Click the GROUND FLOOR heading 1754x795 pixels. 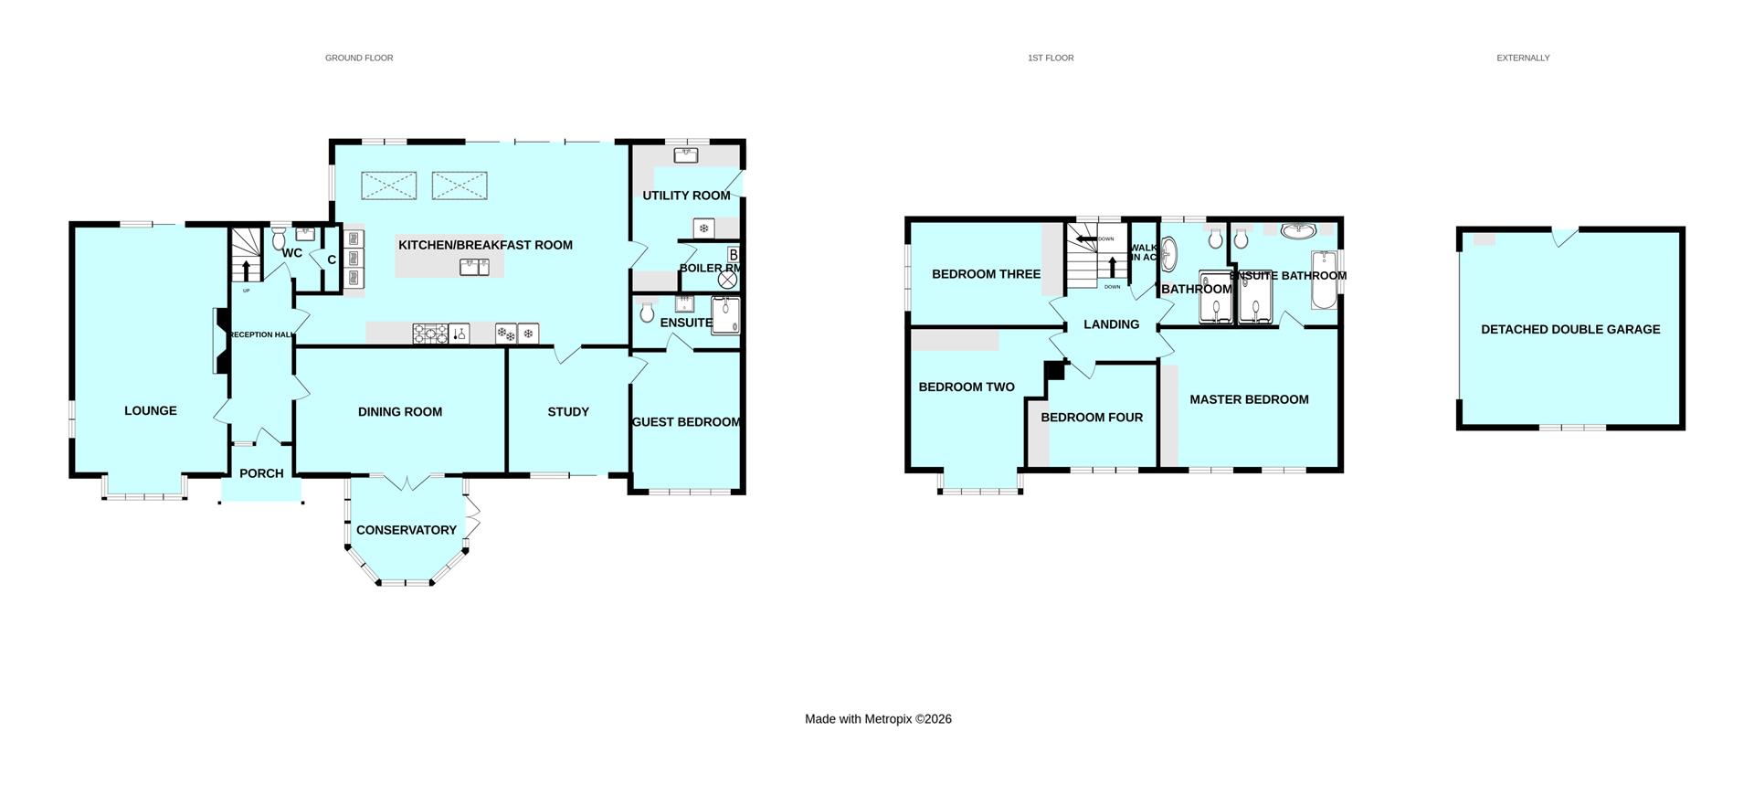point(359,58)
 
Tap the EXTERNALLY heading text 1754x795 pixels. point(1523,58)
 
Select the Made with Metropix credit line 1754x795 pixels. point(878,719)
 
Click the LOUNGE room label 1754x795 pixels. point(151,410)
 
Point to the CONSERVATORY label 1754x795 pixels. point(407,530)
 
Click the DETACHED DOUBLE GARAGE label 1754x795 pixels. point(1570,329)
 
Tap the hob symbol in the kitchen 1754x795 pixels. point(429,334)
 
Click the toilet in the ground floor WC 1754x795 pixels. point(279,239)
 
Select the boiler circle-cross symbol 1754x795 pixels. point(728,281)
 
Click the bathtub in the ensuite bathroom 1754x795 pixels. point(1323,280)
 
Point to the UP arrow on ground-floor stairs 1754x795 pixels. point(245,270)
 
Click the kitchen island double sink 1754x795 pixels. point(476,267)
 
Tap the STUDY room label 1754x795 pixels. point(568,411)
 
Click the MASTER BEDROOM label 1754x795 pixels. point(1249,399)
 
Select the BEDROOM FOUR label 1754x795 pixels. point(1092,417)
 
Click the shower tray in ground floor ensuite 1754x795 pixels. point(725,315)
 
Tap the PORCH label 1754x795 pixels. point(261,473)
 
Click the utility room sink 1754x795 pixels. point(687,155)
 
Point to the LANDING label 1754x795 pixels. point(1111,324)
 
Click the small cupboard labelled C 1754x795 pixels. point(332,260)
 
